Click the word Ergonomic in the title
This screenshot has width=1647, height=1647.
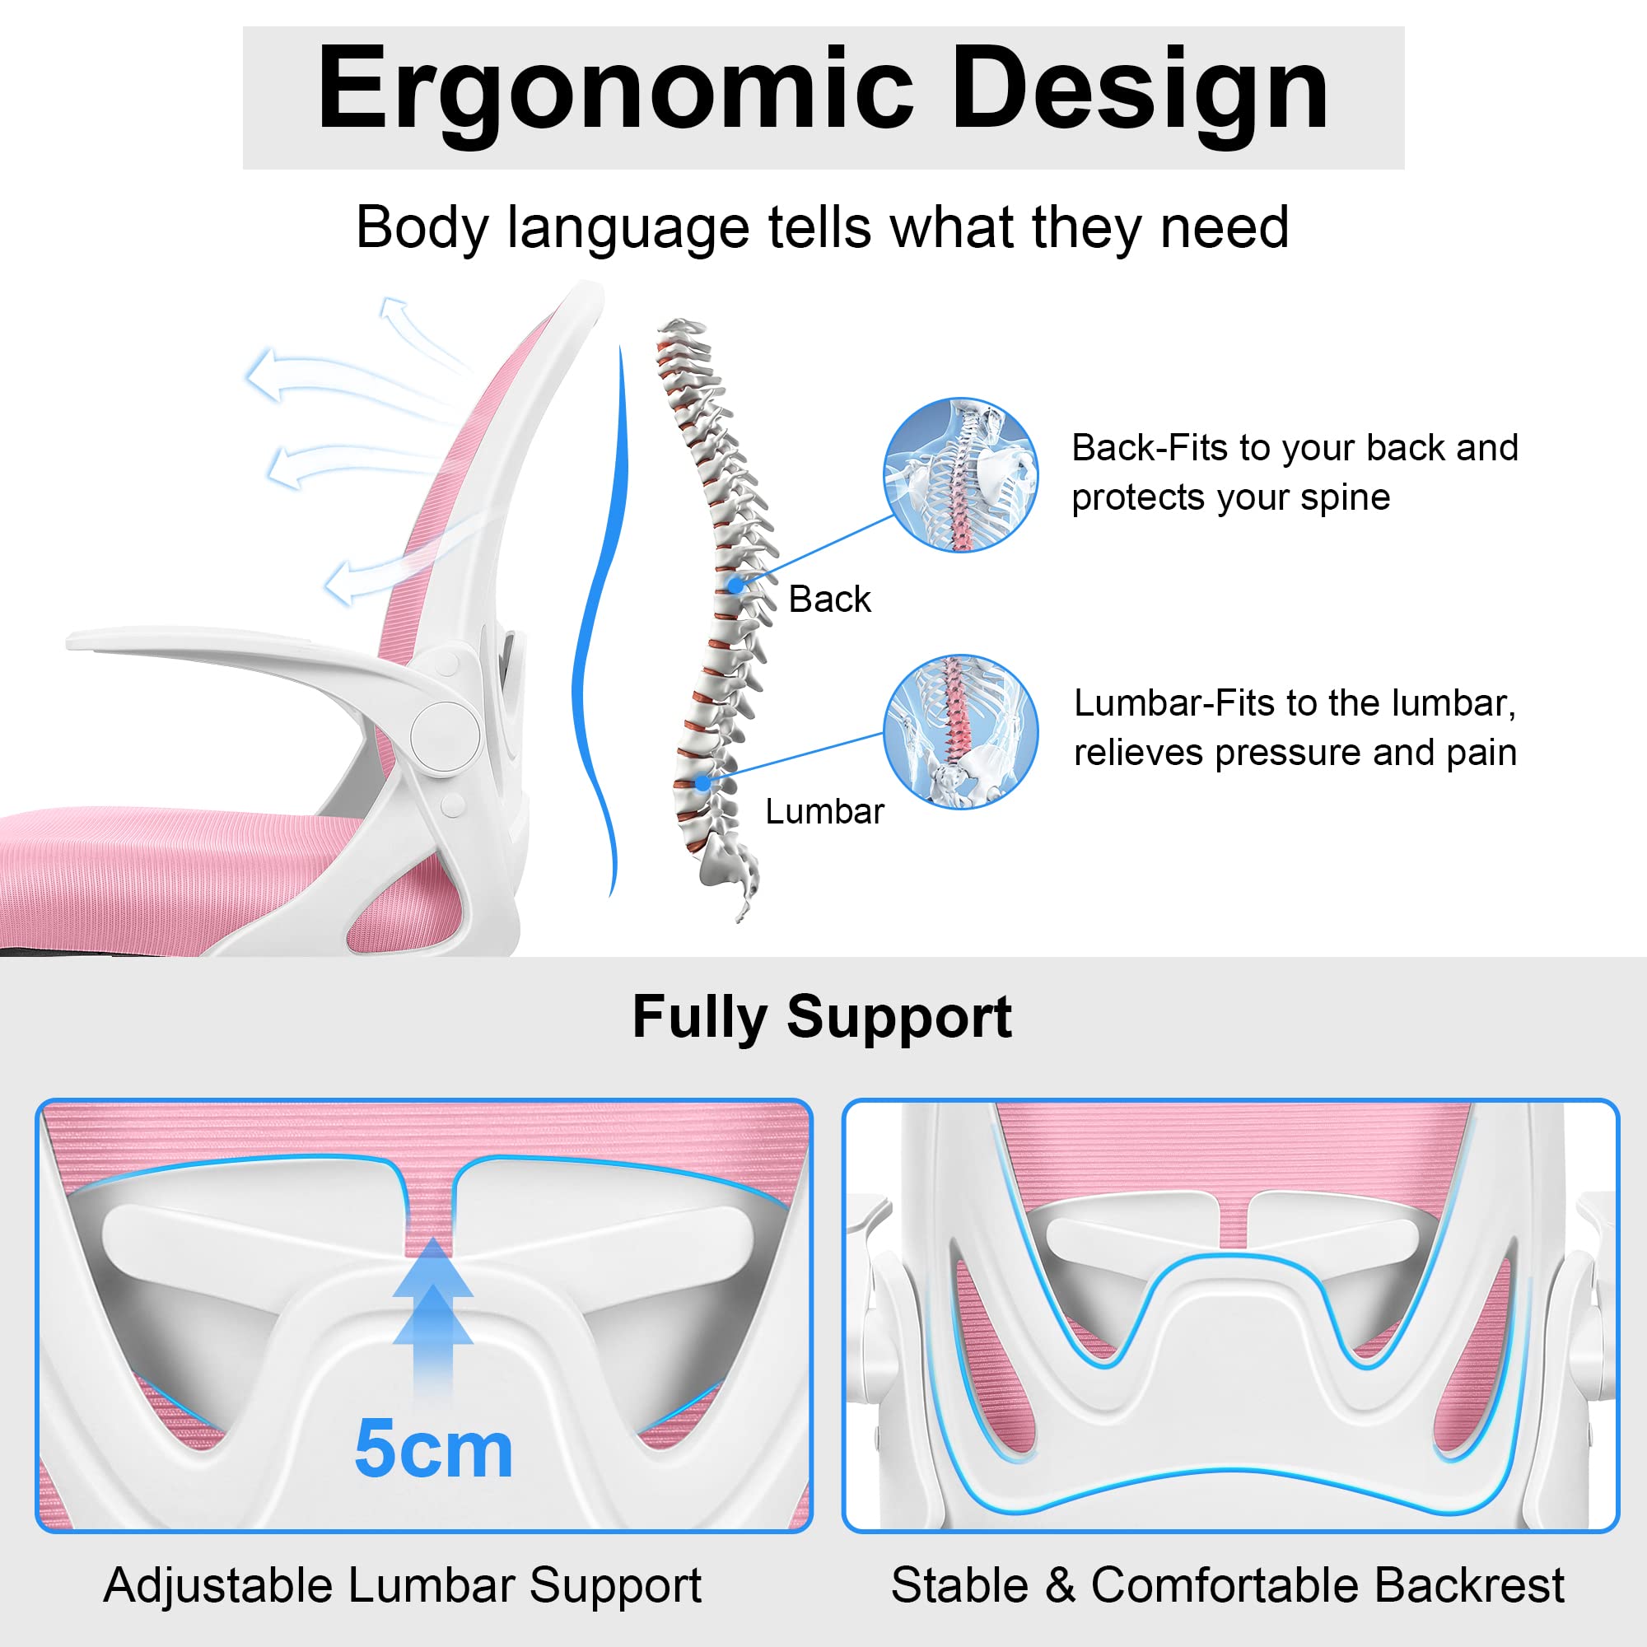point(614,91)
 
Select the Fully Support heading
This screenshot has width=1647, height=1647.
point(822,1017)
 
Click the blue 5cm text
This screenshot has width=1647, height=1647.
point(433,1449)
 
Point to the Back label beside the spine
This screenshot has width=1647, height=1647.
point(829,600)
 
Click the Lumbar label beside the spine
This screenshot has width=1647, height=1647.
point(824,812)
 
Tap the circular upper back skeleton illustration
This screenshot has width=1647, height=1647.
point(961,475)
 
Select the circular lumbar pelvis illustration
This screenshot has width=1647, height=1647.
point(961,732)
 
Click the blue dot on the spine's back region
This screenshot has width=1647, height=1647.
point(735,586)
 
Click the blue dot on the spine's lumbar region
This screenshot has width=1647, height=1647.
point(702,782)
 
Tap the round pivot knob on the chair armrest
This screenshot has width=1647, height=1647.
point(444,735)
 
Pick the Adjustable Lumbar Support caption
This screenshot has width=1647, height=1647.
point(403,1585)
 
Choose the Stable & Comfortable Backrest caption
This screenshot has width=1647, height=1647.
point(1228,1585)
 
